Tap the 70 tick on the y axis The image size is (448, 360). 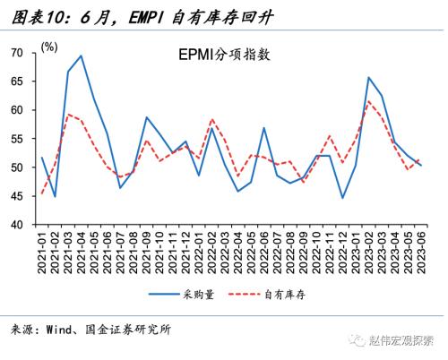pos(17,53)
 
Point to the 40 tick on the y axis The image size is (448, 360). pos(17,224)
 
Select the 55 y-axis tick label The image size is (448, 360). pos(17,139)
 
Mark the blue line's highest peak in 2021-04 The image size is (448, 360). pos(82,56)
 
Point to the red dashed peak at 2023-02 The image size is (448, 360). pos(368,100)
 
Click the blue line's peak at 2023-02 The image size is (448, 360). pos(368,77)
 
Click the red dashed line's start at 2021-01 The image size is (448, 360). pos(42,193)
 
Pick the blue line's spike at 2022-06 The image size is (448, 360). pos(263,127)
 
